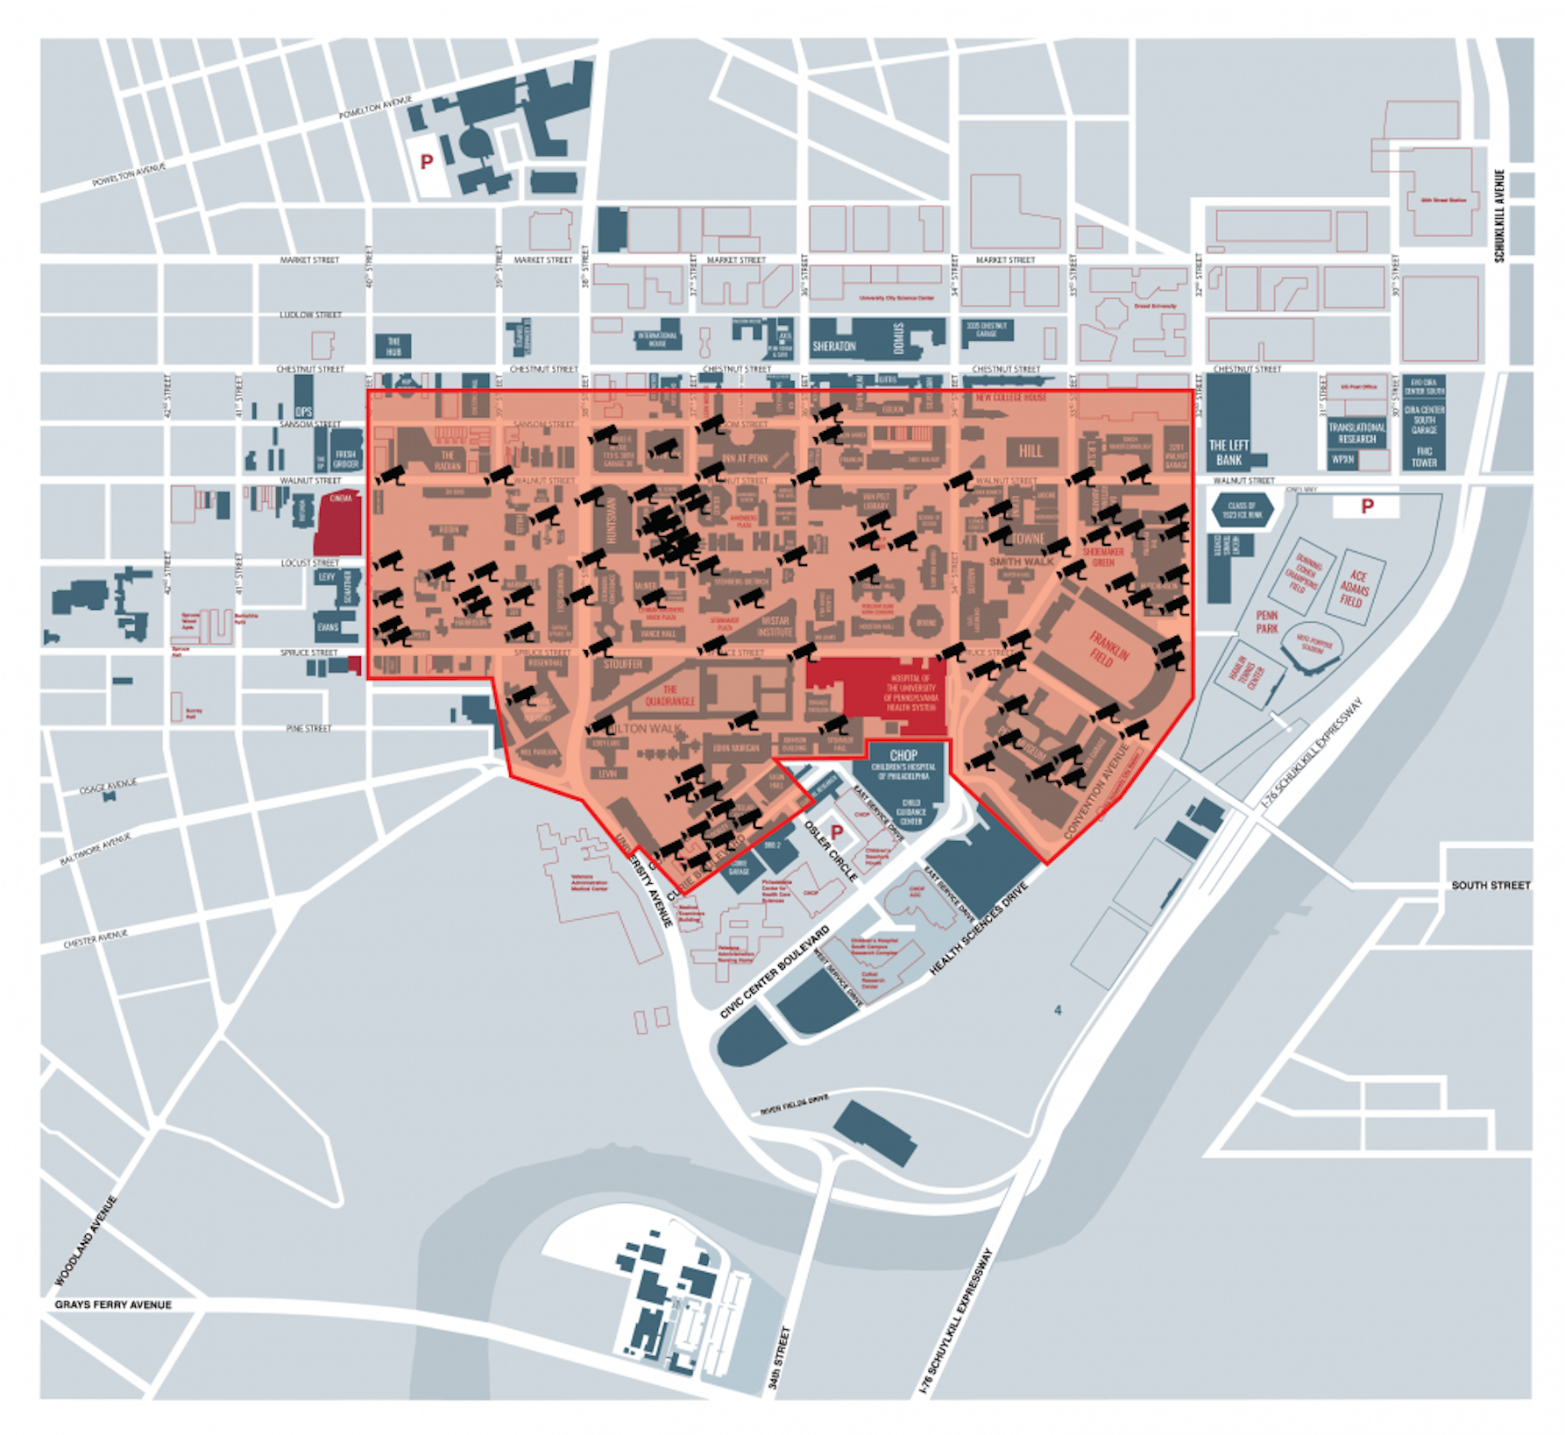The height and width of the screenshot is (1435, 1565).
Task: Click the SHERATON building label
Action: point(833,346)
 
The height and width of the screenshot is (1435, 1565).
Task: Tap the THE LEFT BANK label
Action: point(1229,452)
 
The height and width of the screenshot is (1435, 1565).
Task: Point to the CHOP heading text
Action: point(903,755)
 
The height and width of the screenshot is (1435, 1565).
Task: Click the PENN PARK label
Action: point(1267,622)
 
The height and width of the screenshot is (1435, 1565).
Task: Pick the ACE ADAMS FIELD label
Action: point(1355,588)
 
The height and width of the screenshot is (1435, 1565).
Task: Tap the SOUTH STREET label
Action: point(1491,885)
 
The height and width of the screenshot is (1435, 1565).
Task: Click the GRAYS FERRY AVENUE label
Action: point(113,1304)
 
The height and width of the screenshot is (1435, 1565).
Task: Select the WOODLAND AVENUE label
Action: point(86,1241)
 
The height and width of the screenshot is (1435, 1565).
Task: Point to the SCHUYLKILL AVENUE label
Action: point(1499,216)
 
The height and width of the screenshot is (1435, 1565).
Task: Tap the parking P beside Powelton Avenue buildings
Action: point(427,161)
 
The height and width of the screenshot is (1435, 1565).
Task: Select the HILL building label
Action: point(1030,451)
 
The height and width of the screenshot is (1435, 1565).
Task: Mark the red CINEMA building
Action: point(338,523)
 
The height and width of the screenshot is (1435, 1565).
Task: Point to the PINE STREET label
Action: point(308,728)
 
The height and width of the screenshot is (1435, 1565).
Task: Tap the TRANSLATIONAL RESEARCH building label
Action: point(1356,433)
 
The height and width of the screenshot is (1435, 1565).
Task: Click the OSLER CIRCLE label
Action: point(830,851)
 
